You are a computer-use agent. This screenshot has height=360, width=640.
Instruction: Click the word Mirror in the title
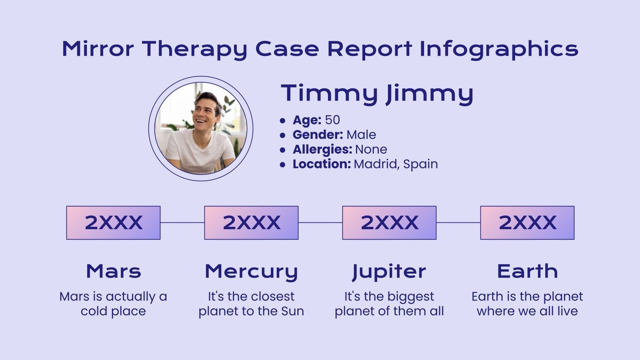(98, 49)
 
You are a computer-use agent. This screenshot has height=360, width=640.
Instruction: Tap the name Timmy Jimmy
(377, 94)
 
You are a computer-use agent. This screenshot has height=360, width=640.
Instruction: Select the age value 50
(332, 120)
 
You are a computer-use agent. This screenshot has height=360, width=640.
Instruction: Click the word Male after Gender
(361, 135)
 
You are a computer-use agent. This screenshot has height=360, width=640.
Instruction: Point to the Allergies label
(322, 150)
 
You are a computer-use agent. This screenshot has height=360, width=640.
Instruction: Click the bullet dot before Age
(283, 120)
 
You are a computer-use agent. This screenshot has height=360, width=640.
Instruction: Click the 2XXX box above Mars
(113, 223)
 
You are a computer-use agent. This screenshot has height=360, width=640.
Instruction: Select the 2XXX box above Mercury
(251, 223)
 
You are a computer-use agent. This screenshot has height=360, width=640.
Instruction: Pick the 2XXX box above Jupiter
(389, 223)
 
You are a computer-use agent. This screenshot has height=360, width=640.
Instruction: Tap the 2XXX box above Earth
(527, 223)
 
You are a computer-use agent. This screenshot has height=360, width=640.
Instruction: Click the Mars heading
(114, 271)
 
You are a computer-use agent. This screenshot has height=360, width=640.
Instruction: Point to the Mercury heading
(251, 272)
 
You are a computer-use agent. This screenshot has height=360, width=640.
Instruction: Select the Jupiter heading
(389, 272)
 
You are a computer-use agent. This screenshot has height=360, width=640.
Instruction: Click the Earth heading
(527, 271)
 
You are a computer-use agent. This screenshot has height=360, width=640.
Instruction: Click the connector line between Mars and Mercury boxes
(182, 223)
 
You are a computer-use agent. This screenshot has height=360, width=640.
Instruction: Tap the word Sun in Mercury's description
(292, 311)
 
